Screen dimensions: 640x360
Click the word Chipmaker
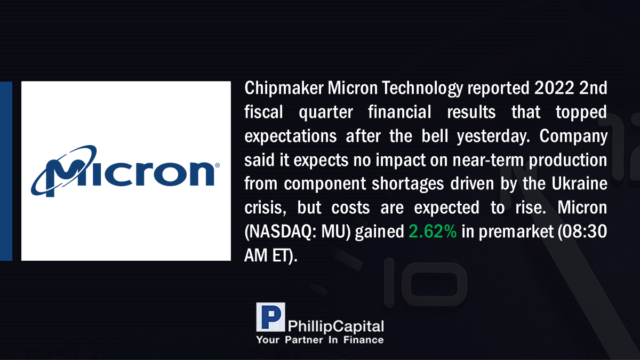point(284,88)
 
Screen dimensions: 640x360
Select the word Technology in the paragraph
point(422,89)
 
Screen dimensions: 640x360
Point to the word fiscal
point(263,111)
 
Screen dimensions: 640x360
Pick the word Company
point(573,137)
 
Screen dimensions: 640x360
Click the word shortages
point(407,184)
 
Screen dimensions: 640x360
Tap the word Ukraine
point(579,183)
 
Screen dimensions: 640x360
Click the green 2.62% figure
point(433,231)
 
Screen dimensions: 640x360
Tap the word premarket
point(516,232)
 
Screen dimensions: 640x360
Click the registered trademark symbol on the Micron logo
point(217,165)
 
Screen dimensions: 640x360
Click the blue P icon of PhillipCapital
point(270,317)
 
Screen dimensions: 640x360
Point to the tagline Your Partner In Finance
point(320,340)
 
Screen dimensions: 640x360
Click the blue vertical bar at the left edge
point(6,171)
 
